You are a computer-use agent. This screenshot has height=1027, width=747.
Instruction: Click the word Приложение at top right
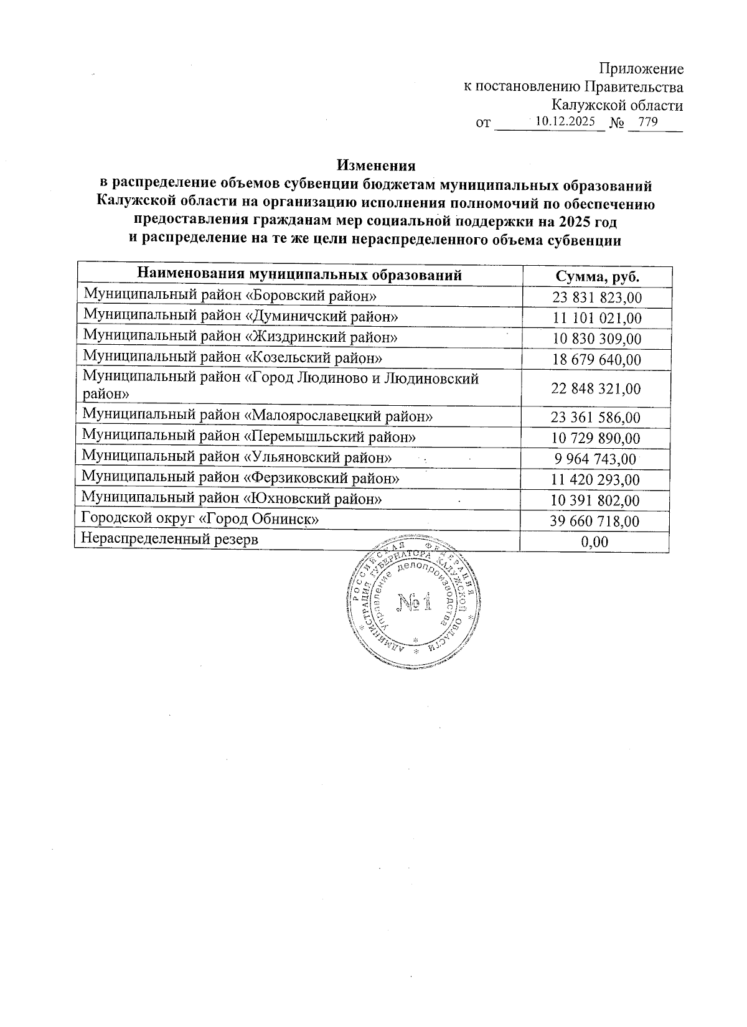point(641,68)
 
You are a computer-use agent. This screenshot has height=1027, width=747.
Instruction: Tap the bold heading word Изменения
point(376,166)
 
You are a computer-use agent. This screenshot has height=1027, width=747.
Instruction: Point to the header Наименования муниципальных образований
point(299,274)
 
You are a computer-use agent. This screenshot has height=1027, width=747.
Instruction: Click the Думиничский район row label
point(240,316)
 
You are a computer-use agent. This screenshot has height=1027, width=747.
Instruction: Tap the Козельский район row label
point(232,357)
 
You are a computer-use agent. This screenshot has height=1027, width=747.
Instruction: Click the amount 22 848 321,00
point(596,388)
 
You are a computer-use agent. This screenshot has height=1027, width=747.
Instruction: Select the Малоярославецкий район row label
point(258,415)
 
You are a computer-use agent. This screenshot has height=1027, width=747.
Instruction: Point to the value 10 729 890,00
point(596,438)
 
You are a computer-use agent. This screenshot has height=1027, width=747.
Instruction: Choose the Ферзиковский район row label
point(241,478)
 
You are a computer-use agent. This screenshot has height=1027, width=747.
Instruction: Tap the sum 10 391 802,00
point(596,500)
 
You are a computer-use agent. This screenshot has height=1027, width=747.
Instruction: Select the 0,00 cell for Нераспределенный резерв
point(594,542)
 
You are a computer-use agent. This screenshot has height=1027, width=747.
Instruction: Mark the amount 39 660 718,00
point(595,521)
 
